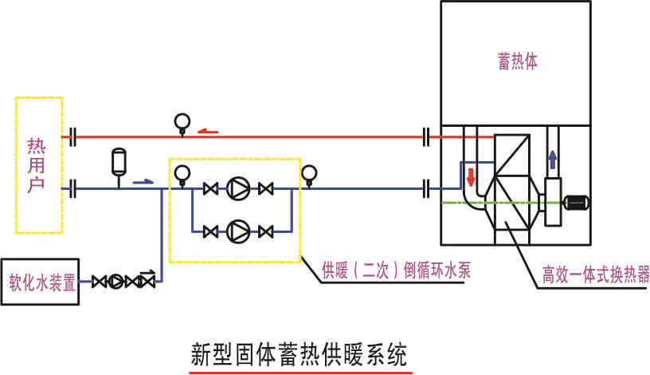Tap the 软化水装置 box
click(42, 281)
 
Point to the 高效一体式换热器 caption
click(596, 275)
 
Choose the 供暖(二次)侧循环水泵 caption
click(396, 270)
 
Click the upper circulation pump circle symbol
click(237, 189)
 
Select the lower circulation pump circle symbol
click(237, 231)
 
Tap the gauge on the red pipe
click(182, 122)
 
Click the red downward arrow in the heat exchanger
click(470, 175)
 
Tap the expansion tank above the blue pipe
click(119, 160)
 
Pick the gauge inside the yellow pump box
click(182, 172)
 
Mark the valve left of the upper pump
click(211, 189)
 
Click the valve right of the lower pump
click(265, 231)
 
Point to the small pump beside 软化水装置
click(117, 281)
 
